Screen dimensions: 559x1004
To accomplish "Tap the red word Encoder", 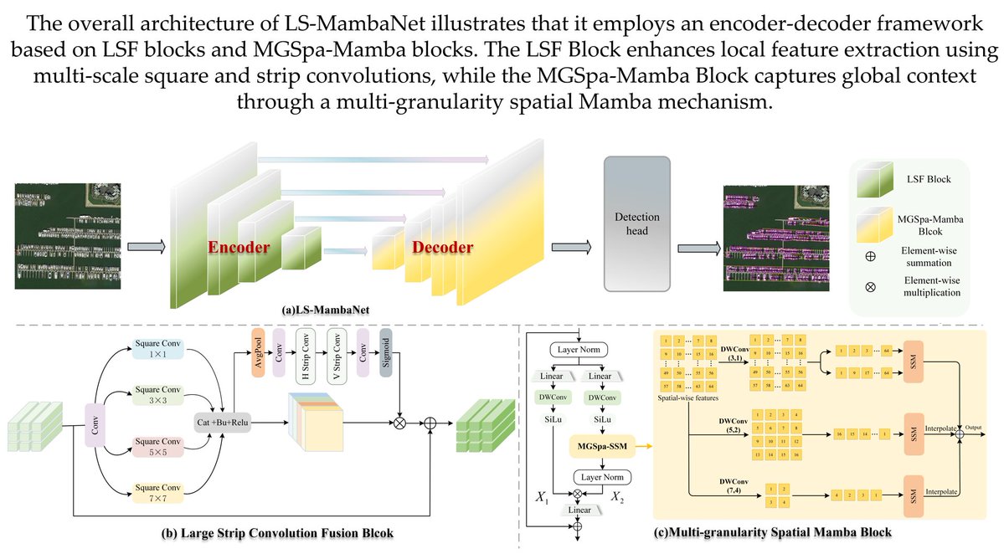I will [239, 248].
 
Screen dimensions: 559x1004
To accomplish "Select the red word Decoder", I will [441, 248].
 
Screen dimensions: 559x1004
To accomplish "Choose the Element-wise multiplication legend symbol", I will [869, 286].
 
